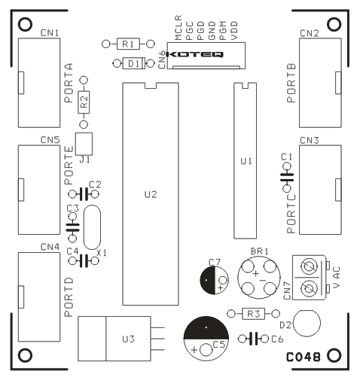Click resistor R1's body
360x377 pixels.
click(x=128, y=44)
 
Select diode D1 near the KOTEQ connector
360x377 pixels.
click(x=133, y=63)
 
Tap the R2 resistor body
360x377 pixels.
click(x=84, y=102)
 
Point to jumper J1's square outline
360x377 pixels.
click(x=84, y=144)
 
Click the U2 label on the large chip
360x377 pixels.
click(x=151, y=194)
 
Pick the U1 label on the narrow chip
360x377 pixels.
click(x=246, y=161)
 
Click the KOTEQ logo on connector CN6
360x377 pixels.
click(x=194, y=54)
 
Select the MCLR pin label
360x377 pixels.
click(x=178, y=28)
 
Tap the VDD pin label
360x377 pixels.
click(x=234, y=31)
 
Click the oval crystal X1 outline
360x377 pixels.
click(x=92, y=227)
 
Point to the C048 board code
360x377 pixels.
click(x=304, y=357)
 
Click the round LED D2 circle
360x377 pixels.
click(x=307, y=323)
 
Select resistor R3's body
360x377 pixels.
click(x=253, y=314)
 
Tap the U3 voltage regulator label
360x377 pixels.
click(x=129, y=339)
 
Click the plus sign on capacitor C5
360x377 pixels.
click(x=194, y=349)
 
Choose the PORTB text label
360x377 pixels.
click(x=291, y=84)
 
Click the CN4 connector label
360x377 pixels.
click(x=50, y=247)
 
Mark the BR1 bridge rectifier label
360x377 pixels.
click(x=260, y=251)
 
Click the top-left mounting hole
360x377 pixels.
click(x=25, y=24)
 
